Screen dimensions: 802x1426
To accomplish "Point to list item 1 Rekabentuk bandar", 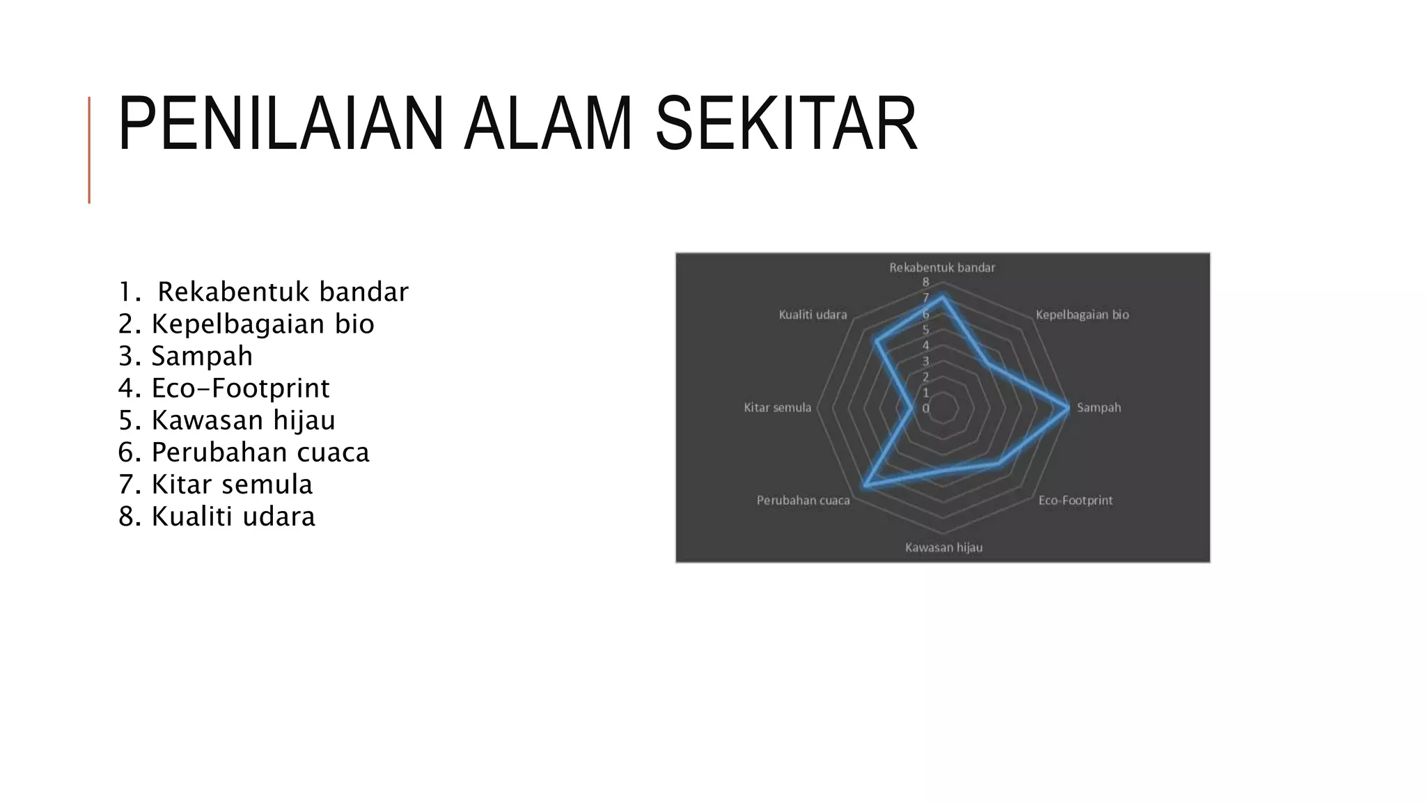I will point(264,292).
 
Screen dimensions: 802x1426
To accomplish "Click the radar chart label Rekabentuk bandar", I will point(942,267).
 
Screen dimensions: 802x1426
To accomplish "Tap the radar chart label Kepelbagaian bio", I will point(1082,315).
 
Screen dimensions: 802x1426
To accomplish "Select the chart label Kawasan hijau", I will point(943,548).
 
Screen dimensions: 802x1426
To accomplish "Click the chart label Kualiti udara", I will point(813,315).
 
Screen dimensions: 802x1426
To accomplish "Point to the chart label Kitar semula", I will point(777,407).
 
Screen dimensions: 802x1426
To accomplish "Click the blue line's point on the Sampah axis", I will point(1067,408).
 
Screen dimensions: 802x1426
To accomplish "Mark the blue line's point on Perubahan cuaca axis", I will point(865,485).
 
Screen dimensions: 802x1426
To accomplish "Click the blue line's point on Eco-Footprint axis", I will point(998,462).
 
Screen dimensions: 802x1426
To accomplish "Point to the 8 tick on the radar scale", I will point(925,282).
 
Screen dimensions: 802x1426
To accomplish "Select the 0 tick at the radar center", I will point(925,409).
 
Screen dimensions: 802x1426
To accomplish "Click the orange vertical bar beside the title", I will point(89,150).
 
